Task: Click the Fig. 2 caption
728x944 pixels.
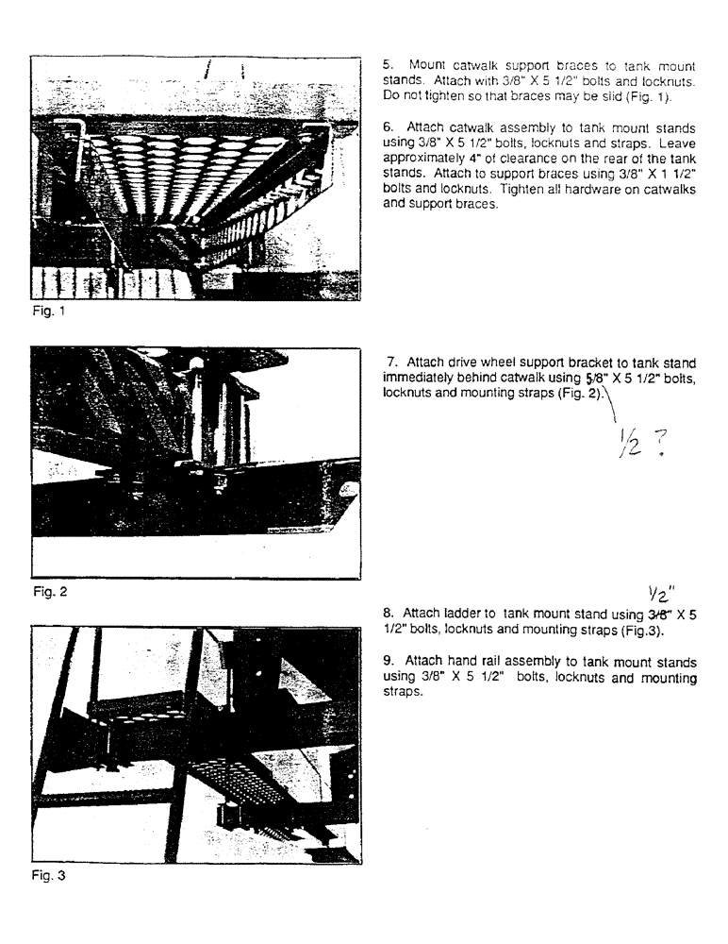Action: [x=47, y=595]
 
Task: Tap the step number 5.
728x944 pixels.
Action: [x=386, y=66]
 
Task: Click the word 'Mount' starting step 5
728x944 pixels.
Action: [x=426, y=66]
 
